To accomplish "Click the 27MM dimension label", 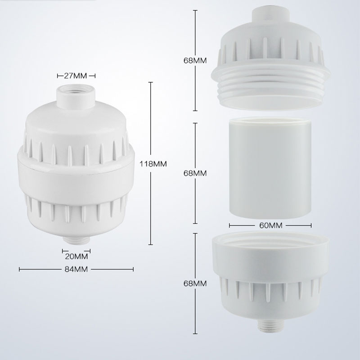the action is (75, 76).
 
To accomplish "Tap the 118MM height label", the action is (153, 164).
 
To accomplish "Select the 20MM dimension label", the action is (76, 256).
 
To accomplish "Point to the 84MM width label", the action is (76, 269).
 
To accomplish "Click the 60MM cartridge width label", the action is (271, 225).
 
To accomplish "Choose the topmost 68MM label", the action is (195, 60).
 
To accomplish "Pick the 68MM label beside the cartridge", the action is (195, 173).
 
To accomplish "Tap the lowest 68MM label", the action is (195, 283).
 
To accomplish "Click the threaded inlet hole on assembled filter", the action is (76, 89).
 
